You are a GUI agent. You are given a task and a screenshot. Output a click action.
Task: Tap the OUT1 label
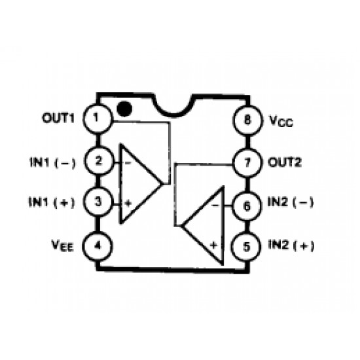(x=58, y=118)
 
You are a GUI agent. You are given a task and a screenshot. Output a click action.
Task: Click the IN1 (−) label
(x=52, y=162)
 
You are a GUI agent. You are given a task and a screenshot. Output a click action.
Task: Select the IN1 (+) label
(x=52, y=202)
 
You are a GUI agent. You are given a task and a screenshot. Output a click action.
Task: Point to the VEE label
(x=62, y=245)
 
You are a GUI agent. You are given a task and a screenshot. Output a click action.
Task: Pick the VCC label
(x=281, y=121)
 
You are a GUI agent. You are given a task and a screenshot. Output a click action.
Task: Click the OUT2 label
(x=285, y=162)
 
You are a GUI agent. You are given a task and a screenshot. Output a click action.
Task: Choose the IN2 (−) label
(x=291, y=202)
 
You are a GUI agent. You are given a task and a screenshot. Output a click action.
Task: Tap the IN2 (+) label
(x=291, y=245)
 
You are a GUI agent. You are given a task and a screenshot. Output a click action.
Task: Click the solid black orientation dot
(x=124, y=109)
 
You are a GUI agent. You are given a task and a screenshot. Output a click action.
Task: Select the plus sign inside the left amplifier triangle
(x=128, y=203)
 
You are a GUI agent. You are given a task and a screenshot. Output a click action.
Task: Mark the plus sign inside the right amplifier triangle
(x=214, y=245)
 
